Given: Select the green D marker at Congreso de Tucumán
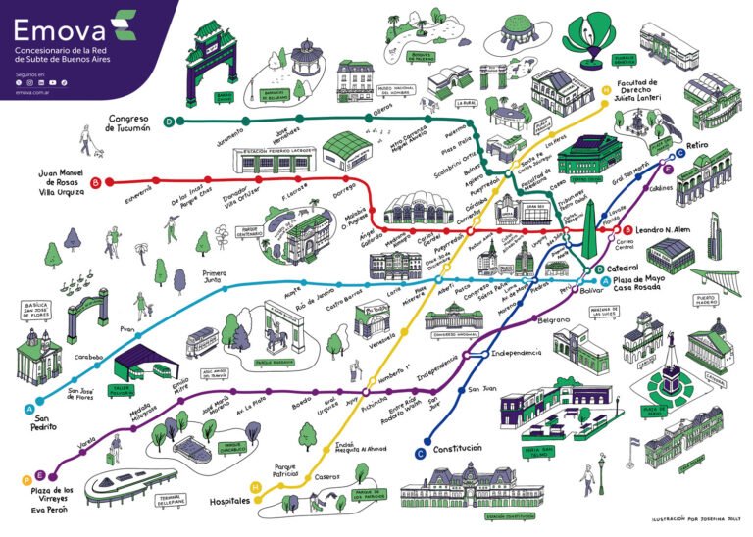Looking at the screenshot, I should tap(170, 122).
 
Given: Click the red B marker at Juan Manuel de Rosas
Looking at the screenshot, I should tap(95, 182).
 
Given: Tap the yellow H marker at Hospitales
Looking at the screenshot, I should tap(256, 487).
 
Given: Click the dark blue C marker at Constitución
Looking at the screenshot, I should tap(420, 452).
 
